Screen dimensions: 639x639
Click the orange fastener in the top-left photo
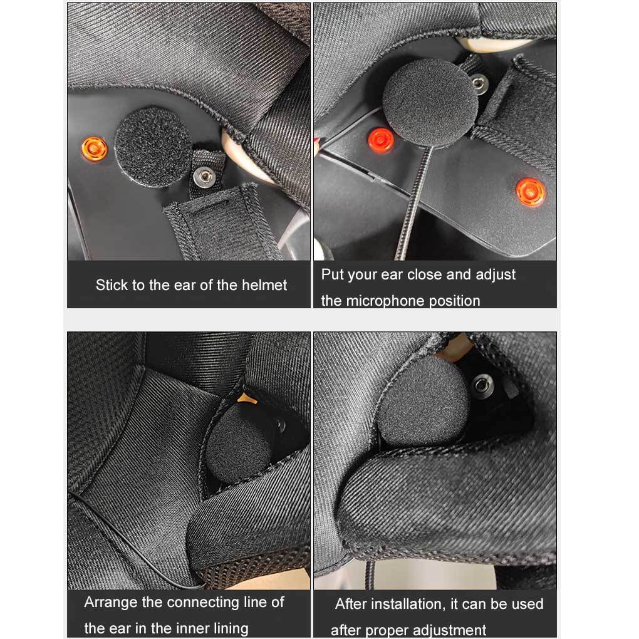tap(95, 148)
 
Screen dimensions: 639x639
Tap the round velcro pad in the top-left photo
tap(153, 147)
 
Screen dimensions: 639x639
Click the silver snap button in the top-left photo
tap(204, 177)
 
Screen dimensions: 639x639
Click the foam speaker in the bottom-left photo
tap(238, 444)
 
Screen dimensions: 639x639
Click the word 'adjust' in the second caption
tap(496, 275)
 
